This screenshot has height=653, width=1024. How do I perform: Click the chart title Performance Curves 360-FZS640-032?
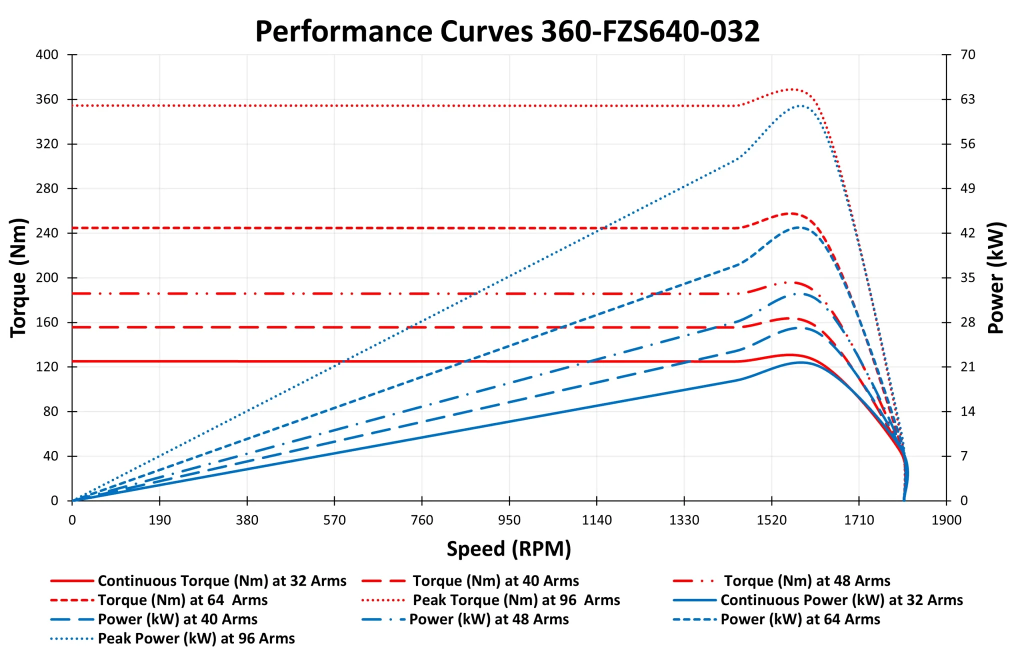[507, 31]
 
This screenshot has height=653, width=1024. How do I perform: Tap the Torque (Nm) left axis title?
[18, 278]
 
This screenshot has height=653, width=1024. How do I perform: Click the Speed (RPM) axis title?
[508, 548]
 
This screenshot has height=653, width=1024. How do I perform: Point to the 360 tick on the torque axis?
[47, 99]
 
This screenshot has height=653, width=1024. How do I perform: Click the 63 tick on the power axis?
[967, 99]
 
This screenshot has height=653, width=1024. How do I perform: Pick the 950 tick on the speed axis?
[509, 520]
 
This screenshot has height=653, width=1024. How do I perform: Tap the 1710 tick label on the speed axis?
[858, 520]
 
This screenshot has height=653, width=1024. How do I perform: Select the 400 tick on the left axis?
[47, 54]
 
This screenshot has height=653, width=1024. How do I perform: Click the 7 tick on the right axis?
[964, 455]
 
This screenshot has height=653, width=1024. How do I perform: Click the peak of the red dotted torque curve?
[791, 89]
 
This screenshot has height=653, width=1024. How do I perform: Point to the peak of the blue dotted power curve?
[800, 105]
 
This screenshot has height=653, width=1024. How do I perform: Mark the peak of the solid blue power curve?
[801, 362]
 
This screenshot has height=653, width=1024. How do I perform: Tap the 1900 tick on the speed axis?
[946, 520]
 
